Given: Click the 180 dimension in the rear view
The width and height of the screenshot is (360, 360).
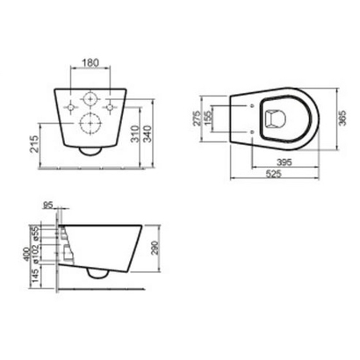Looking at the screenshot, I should point(90,64).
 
